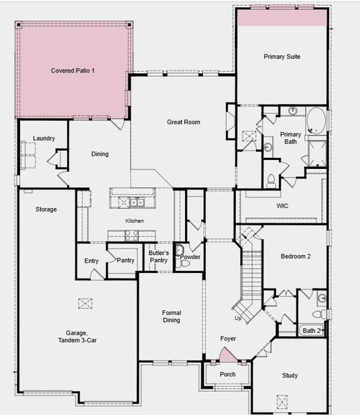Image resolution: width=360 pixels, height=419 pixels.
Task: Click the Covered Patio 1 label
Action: pos(73,71)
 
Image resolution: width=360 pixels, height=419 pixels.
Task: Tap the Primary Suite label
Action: pos(282,57)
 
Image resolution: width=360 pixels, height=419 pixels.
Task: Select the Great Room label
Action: pos(183,122)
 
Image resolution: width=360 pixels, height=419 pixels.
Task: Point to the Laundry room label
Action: pos(43,138)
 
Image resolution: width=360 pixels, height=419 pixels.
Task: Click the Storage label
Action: pos(46,209)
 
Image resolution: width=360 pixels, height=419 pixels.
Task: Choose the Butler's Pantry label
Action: pos(158,257)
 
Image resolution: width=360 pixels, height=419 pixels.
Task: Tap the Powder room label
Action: pos(190,257)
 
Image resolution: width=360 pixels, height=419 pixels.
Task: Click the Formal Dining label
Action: pos(172,316)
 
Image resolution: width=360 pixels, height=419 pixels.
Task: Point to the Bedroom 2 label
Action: pos(296,256)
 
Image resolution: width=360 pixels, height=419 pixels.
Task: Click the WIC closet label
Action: pos(283,207)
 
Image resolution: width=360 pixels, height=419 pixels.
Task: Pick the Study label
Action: pos(290,376)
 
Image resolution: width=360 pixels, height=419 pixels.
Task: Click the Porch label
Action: pos(227,374)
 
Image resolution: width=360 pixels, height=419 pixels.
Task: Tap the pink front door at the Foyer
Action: pos(228,355)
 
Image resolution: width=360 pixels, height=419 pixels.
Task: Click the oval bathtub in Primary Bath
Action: pos(316,119)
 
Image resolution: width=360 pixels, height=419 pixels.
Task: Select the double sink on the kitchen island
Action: pos(132,203)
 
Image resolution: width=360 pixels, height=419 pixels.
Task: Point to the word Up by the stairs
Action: pos(238,318)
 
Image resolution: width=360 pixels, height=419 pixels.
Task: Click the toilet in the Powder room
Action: pos(179,251)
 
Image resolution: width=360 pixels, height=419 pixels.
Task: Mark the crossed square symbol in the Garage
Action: pos(85,303)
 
